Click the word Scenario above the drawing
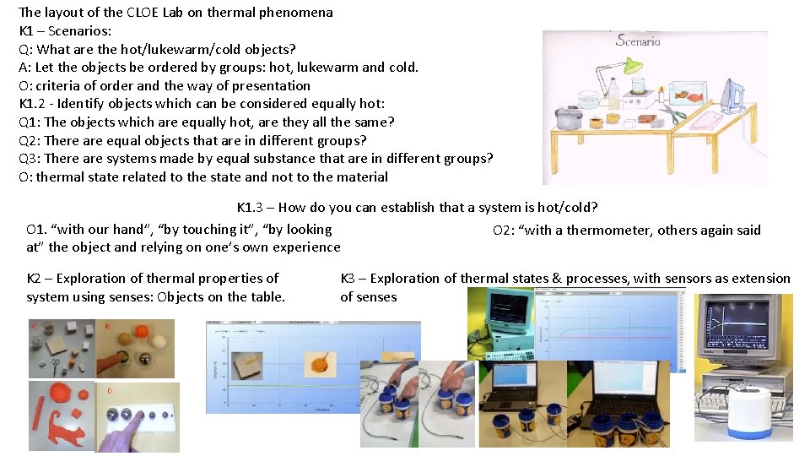tap(638, 40)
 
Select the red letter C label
tap(110, 391)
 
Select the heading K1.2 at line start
tap(33, 104)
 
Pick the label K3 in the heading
tap(349, 279)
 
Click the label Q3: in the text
tap(30, 159)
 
